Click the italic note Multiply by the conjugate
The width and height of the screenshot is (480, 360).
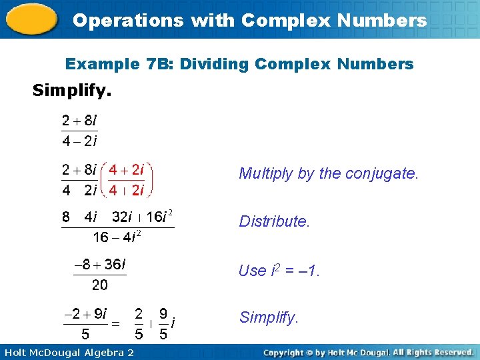coord(329,174)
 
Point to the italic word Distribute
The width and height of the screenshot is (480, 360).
coord(274,221)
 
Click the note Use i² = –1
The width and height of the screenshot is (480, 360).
coord(279,271)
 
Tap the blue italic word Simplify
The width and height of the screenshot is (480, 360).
coord(268,317)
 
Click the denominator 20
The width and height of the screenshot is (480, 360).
coord(99,285)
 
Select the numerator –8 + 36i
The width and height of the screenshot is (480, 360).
coord(99,265)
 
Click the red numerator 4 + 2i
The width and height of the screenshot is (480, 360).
coord(127,169)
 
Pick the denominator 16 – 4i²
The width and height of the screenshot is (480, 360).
coord(117,237)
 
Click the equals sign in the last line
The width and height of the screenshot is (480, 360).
coord(115,323)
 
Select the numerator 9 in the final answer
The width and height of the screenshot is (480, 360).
coord(163,313)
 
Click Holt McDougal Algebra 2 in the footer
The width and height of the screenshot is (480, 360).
coord(67,352)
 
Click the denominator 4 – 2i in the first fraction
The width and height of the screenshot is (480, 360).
coord(79,141)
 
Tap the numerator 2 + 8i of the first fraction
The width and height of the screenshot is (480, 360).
coord(79,121)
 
